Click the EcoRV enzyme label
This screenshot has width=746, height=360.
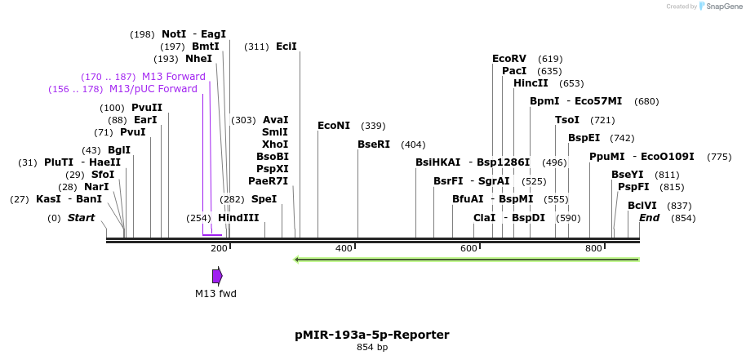(x=509, y=59)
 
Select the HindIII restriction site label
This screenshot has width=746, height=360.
(x=238, y=218)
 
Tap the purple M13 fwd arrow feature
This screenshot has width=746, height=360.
(x=217, y=276)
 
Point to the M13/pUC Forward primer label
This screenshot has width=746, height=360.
(x=153, y=89)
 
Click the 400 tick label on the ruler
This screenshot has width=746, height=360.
(x=344, y=248)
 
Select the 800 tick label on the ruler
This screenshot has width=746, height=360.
(x=593, y=248)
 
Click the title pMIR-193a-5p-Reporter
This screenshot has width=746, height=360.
(x=372, y=335)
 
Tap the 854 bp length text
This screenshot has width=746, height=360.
(x=372, y=348)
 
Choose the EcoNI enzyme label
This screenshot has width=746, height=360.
(x=334, y=126)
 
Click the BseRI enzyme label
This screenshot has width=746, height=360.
(x=374, y=144)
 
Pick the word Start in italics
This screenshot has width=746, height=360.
(x=81, y=218)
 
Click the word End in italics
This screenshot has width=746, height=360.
(x=650, y=218)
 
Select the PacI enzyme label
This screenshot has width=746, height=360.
(x=514, y=71)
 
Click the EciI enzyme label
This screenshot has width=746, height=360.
(x=286, y=47)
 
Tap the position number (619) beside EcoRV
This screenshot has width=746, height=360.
(x=550, y=59)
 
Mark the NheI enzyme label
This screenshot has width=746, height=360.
(x=198, y=59)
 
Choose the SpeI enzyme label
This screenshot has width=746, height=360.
(x=264, y=199)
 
